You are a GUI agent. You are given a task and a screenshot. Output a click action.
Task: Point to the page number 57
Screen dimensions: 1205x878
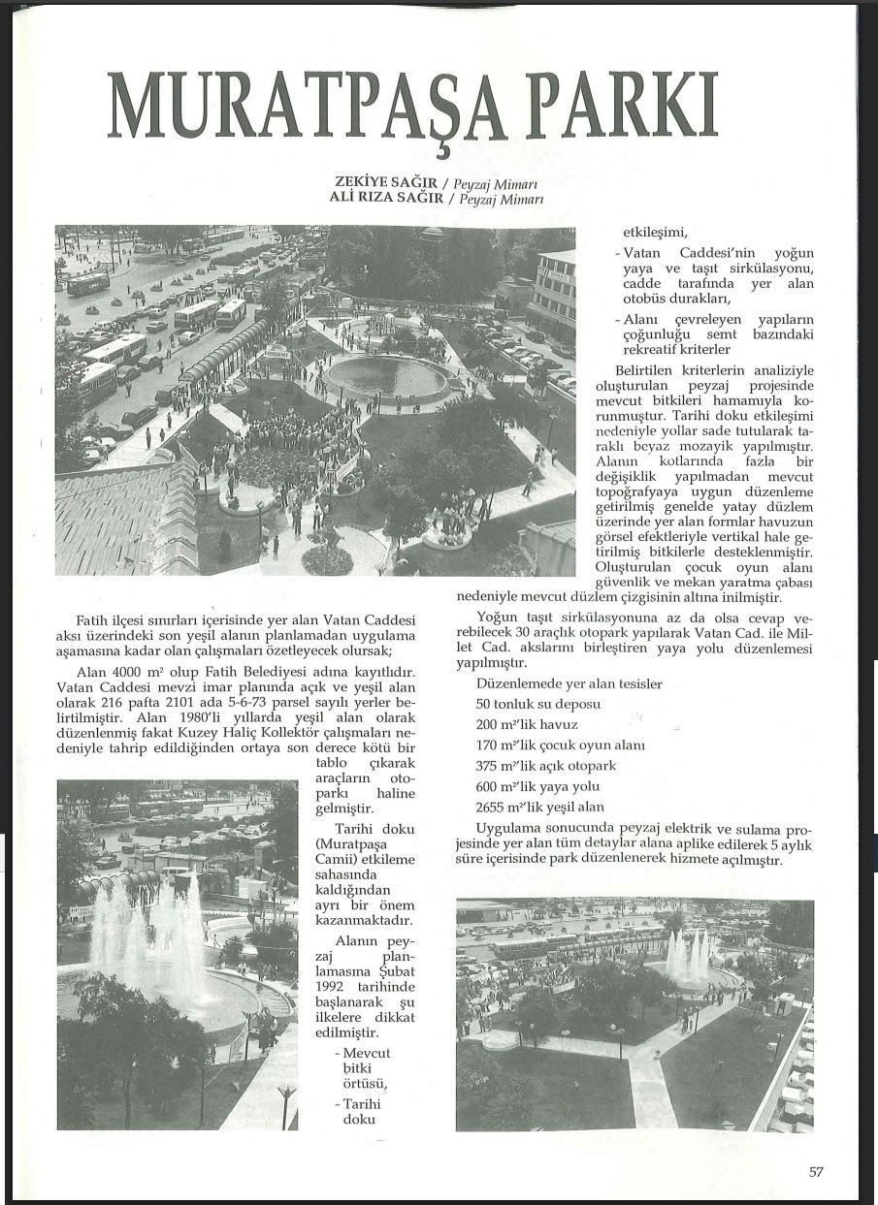click(x=816, y=1171)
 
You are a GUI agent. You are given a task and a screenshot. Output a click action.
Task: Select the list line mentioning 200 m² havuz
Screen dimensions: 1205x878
click(x=527, y=725)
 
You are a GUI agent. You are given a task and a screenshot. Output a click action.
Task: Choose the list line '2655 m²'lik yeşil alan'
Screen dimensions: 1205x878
click(x=539, y=807)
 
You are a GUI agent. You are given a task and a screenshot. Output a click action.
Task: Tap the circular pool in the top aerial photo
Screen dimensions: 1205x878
click(x=387, y=375)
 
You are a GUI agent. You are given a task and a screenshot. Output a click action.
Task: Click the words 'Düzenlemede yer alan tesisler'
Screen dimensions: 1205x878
click(x=569, y=683)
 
